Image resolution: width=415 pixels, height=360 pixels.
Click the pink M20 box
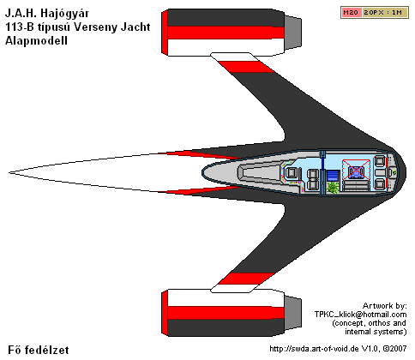[351, 13]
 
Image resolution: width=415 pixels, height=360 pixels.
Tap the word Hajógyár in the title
[64, 14]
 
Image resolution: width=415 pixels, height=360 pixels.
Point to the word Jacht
[135, 27]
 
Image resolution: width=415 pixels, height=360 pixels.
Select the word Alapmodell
[36, 40]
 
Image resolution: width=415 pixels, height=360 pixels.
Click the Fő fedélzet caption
[39, 351]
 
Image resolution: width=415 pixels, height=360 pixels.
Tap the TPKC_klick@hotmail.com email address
[360, 315]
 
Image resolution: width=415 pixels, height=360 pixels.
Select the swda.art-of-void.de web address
[314, 349]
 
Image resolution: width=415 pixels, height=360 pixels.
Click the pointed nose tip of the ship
[9, 172]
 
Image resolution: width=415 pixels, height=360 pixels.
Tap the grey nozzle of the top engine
[293, 32]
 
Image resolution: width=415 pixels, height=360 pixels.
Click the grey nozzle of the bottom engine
[293, 313]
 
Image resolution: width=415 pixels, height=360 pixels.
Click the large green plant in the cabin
[333, 188]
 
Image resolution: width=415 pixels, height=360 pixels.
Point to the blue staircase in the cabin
[333, 176]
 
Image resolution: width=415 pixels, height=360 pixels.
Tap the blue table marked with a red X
[356, 171]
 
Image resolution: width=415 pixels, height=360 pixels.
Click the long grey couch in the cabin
[356, 185]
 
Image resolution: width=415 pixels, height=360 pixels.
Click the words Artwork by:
[384, 306]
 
